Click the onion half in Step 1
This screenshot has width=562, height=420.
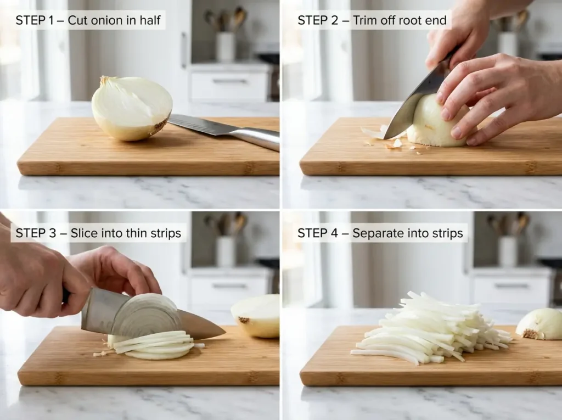pos(132,108)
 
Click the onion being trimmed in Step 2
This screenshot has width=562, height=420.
pos(436,124)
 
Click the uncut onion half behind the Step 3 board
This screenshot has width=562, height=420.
pos(257,315)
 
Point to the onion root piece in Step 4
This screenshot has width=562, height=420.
pos(540,324)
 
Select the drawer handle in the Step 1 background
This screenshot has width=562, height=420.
pos(229,81)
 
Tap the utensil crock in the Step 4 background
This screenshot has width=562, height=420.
pos(508,250)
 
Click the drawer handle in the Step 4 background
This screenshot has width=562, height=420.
pos(512,285)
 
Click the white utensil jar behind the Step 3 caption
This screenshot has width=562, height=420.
pos(225,250)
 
